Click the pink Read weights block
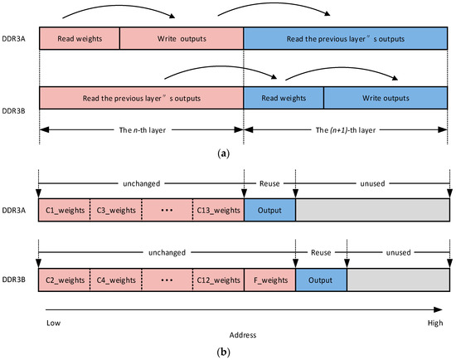(79, 39)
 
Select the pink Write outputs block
(181, 39)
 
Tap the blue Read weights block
(283, 96)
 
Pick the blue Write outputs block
(384, 96)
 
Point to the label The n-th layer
(142, 131)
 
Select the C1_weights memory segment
(64, 211)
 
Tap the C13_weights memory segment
(218, 211)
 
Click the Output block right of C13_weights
(269, 211)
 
